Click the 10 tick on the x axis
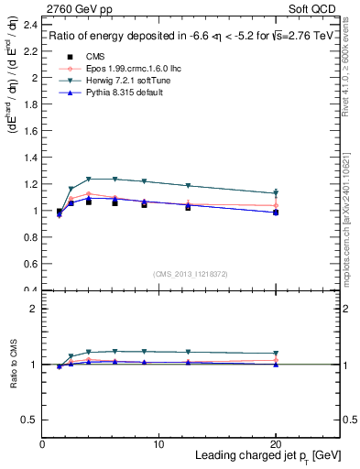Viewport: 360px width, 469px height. point(159,444)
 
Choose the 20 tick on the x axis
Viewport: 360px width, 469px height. point(277,444)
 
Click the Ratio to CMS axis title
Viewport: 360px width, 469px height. point(13,364)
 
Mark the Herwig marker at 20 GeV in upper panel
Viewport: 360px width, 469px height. point(277,193)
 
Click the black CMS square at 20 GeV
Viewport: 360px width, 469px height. point(277,213)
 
